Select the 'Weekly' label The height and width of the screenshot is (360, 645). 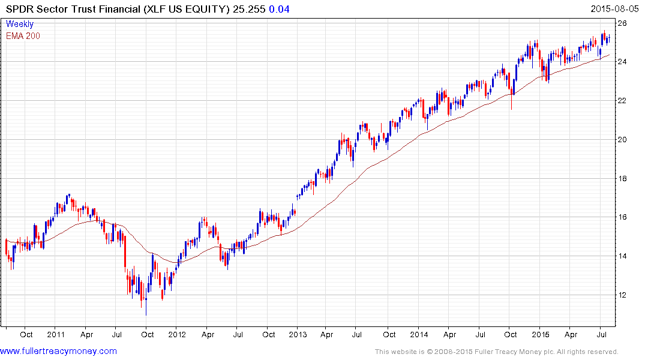coord(20,24)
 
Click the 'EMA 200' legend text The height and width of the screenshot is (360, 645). coord(23,35)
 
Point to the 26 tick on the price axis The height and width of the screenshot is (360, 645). coord(622,23)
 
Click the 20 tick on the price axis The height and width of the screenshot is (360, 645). coord(622,140)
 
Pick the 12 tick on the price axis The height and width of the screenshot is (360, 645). coord(622,295)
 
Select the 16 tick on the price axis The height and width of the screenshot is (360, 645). coord(622,217)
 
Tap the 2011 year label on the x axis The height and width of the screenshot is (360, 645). coord(56,334)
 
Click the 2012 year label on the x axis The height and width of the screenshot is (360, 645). coord(177,334)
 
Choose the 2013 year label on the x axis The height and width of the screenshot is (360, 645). coord(298,334)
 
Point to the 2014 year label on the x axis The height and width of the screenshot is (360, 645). coord(419,334)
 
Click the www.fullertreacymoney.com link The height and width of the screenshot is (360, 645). coord(58,351)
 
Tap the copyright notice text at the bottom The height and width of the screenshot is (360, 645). coord(496,352)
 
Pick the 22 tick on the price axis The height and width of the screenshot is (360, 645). coord(622,101)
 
